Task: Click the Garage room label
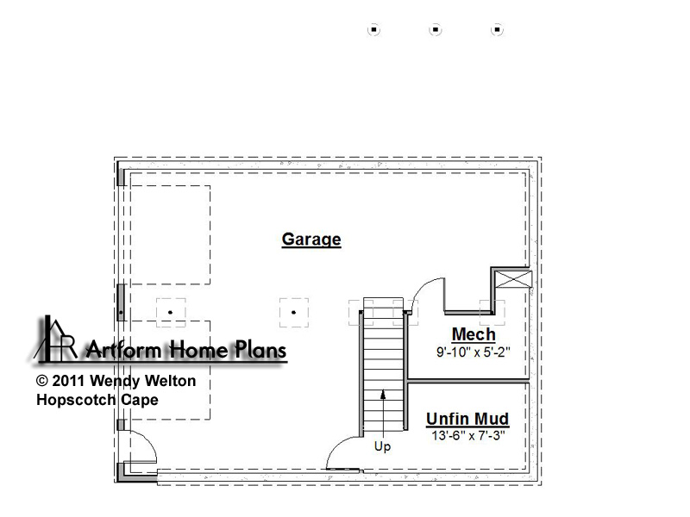coord(311,240)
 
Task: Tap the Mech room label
coord(474,334)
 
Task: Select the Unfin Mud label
coord(467,419)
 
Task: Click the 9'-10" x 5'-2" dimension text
coord(473,352)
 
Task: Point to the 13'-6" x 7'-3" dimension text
coord(468,436)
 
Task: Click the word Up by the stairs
coord(382,446)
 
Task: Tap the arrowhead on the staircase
coord(383,395)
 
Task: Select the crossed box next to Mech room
coord(513,279)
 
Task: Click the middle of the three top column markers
coord(436,29)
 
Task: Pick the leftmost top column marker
coord(373,29)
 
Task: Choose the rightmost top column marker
coord(497,29)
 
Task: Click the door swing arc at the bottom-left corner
coord(148,439)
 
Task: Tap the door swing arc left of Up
coord(336,445)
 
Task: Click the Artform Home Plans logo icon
coord(56,339)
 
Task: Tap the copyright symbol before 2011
coord(41,381)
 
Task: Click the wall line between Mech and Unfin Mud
coord(468,381)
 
